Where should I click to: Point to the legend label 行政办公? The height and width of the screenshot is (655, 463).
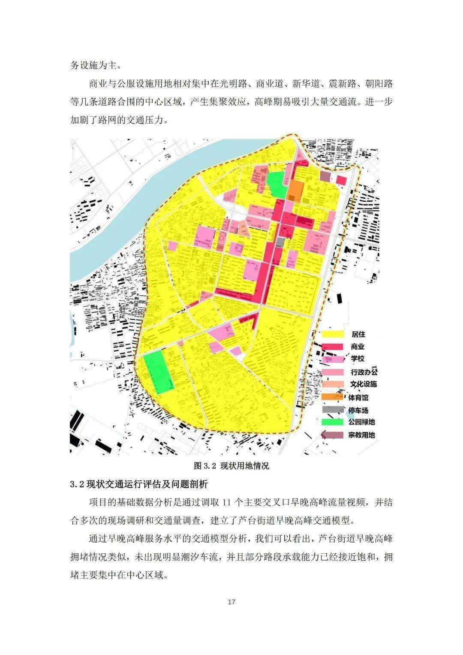click(x=364, y=372)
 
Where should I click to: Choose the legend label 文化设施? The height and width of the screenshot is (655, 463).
click(x=364, y=384)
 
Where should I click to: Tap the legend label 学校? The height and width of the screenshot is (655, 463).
click(x=358, y=359)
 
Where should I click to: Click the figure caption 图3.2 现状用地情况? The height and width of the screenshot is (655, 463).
click(x=231, y=466)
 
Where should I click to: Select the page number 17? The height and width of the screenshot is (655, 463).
click(x=231, y=602)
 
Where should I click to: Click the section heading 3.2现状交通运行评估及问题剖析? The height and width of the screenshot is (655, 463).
click(x=139, y=484)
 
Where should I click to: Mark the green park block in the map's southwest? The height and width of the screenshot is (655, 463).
click(x=159, y=372)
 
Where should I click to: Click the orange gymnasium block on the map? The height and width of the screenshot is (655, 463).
click(x=296, y=191)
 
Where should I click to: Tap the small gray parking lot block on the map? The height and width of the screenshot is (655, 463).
click(x=280, y=242)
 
